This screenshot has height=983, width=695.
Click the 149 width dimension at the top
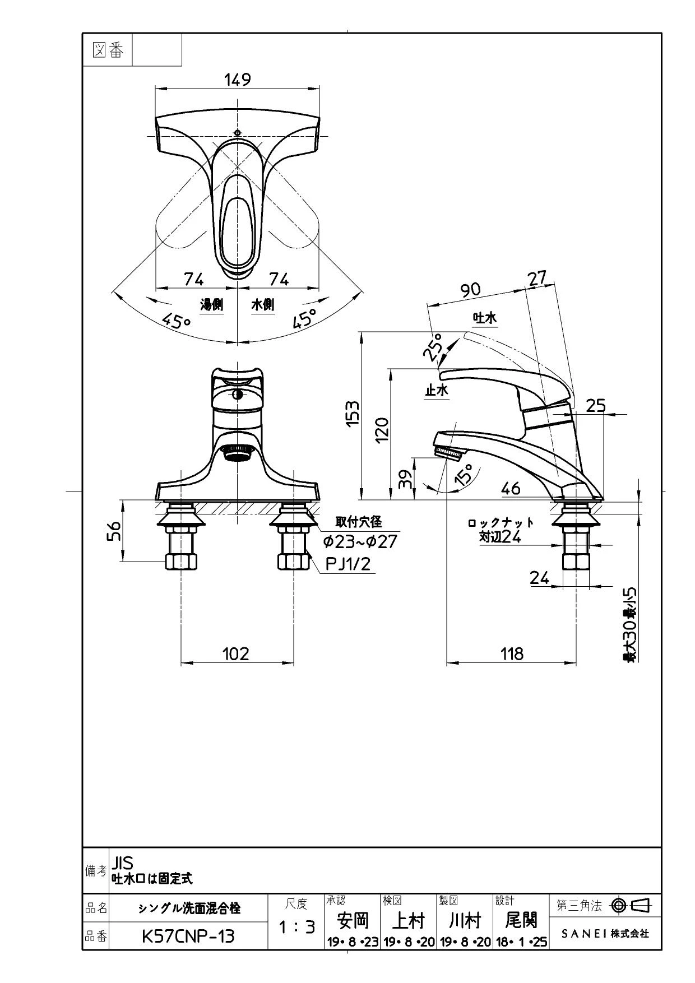coord(238,80)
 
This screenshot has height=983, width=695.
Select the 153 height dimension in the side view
coord(352,414)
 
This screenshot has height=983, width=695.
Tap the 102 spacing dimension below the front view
coord(235,653)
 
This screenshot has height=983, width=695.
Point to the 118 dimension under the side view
coord(512,653)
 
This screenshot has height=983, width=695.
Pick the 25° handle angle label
coord(433,347)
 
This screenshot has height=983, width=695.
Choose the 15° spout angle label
coord(464,474)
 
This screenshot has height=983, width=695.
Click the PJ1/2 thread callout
coord(348,563)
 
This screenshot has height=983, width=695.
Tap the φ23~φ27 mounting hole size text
coord(360,542)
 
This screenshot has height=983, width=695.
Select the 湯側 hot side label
coord(212,304)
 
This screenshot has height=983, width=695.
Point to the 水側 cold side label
coord(262,304)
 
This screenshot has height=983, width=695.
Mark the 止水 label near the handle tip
coord(437,390)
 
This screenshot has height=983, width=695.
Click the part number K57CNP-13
coord(188,936)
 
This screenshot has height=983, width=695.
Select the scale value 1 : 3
coord(297,928)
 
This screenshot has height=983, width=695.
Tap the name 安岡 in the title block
coord(353,920)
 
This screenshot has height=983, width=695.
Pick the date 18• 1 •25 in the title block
coord(521,942)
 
